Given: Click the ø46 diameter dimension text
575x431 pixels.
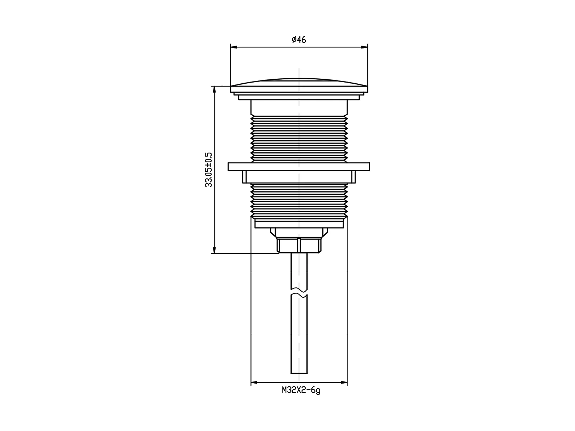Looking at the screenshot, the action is tap(299, 40).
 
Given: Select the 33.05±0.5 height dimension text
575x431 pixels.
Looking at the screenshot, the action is tap(208, 170).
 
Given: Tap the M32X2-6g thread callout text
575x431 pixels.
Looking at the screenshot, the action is tap(301, 390).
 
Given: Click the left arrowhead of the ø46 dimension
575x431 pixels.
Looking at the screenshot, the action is tap(234, 47).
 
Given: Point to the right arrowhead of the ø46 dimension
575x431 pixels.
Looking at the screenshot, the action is tap(364, 47).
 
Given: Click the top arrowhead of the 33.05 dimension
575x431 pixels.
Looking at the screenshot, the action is tap(214, 89).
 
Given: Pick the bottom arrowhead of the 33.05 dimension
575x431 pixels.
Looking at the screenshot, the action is tap(214, 250).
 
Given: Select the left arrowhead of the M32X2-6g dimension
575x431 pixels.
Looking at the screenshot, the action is tap(254, 382).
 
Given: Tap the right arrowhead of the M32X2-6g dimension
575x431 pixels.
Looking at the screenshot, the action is tap(344, 382).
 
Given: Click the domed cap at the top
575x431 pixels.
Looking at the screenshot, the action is tap(299, 85).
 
